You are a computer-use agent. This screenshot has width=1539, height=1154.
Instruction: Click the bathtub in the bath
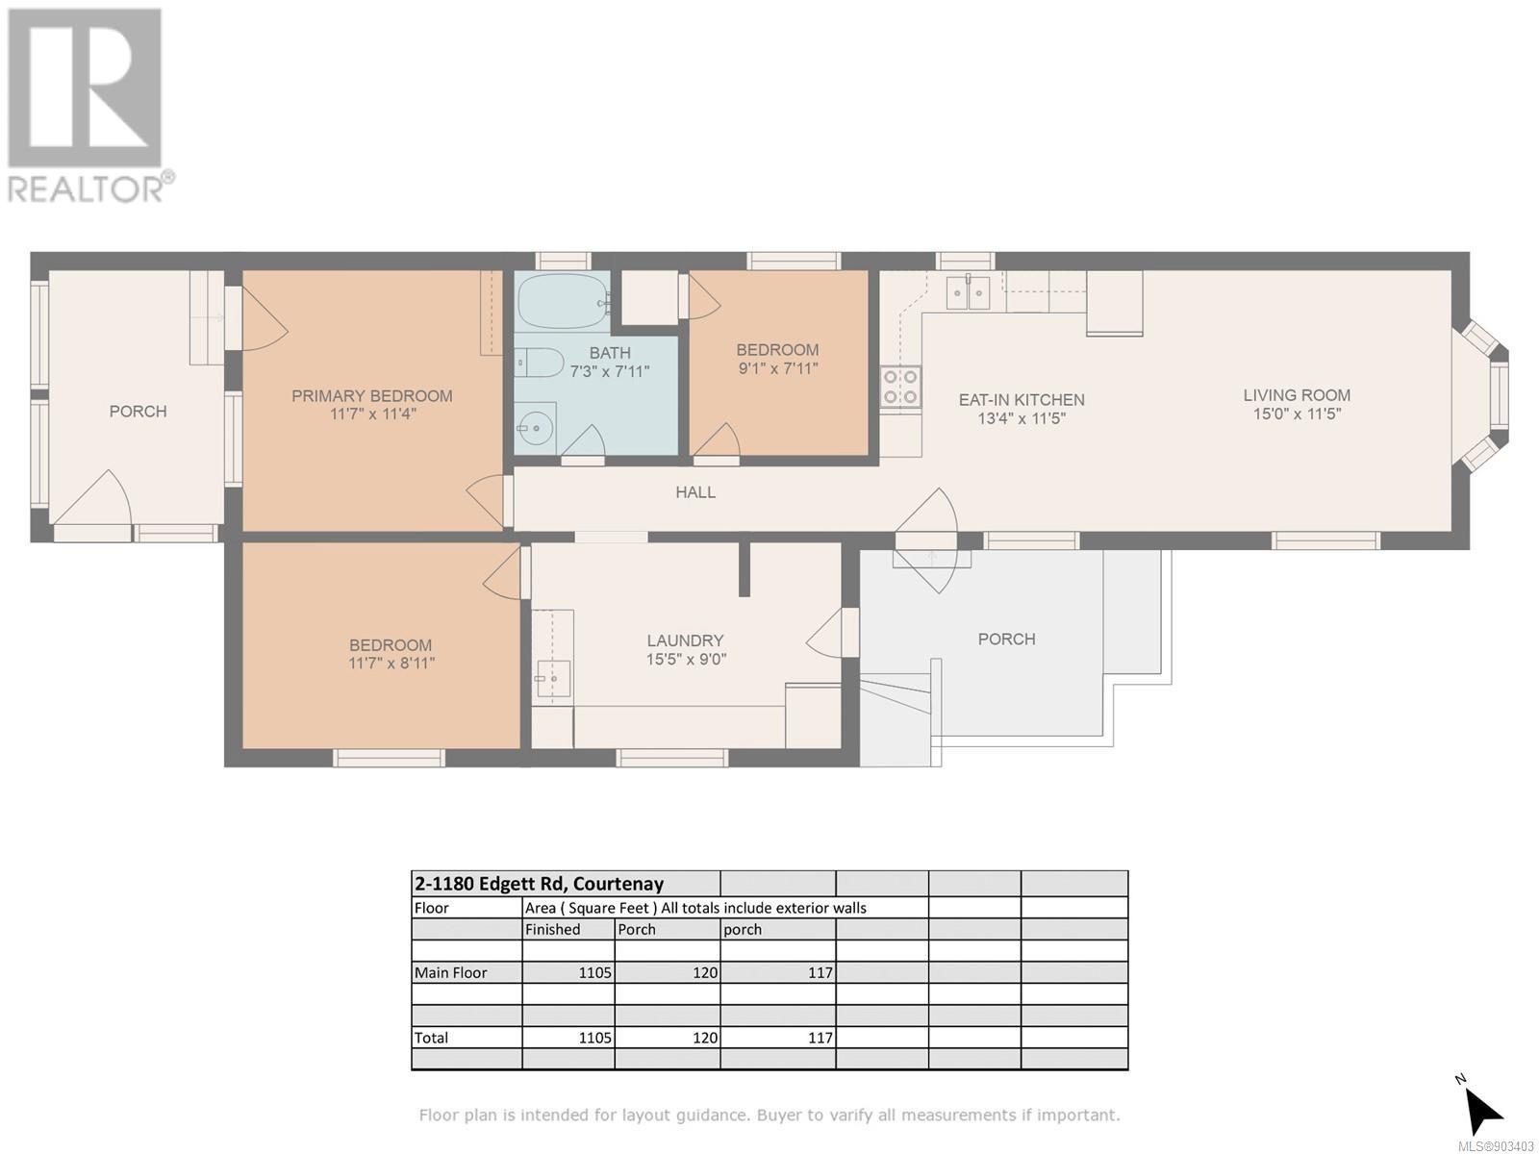[x=564, y=301]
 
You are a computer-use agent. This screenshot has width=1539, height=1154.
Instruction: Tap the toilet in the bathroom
[x=539, y=363]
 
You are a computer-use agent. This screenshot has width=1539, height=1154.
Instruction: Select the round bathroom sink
[x=536, y=427]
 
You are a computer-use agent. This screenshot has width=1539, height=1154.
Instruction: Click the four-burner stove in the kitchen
[x=901, y=388]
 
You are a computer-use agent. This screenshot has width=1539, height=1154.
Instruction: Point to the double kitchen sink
[x=968, y=292]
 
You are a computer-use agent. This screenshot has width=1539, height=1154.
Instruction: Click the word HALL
[x=695, y=492]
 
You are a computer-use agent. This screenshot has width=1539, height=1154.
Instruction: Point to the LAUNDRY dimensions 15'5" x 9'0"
[x=686, y=660]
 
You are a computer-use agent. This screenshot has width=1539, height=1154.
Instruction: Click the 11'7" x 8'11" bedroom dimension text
[x=391, y=663]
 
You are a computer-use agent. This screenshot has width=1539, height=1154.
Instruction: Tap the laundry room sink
[x=553, y=679]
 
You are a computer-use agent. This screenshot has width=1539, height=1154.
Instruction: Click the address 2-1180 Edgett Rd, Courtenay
[x=539, y=883]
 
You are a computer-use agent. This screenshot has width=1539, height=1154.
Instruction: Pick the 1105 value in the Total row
[x=594, y=1038]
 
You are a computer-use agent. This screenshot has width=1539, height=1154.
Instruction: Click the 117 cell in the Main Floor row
[x=820, y=972]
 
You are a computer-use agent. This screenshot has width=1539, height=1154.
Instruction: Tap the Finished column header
[x=552, y=929]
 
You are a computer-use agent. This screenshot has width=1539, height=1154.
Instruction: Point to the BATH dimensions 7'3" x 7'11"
[x=609, y=371]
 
